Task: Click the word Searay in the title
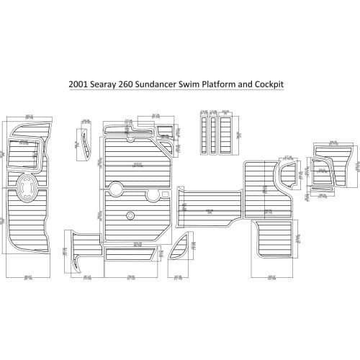click(117, 84)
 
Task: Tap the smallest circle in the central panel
click(130, 215)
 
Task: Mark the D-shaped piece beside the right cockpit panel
click(287, 177)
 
